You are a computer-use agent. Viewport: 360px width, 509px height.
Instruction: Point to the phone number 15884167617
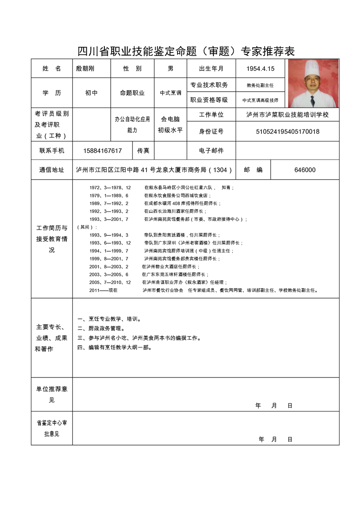coord(103,151)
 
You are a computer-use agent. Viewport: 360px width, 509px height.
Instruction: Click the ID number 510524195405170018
coord(287,132)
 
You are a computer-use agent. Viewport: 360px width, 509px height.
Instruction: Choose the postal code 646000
coord(305,170)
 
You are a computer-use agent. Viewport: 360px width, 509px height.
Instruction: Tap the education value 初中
coord(91,93)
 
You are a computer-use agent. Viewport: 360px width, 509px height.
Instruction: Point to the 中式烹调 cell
coord(170,93)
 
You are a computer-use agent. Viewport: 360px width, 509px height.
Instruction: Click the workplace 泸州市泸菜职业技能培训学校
coord(287,115)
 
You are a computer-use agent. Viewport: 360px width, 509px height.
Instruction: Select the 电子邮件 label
coord(211,151)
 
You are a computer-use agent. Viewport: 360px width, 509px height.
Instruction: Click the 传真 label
coord(143,151)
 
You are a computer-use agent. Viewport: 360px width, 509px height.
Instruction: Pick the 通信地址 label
coord(52,170)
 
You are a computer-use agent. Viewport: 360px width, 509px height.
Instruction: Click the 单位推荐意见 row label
coord(52,394)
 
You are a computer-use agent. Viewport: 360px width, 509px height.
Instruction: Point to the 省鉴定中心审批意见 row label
coord(52,428)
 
